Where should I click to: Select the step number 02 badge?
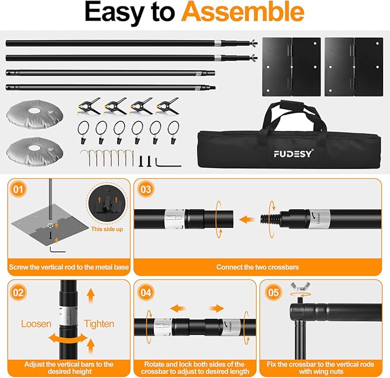[20, 292]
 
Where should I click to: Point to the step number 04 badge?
[148, 292]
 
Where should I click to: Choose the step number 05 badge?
[274, 292]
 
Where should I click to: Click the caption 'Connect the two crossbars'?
[257, 267]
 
